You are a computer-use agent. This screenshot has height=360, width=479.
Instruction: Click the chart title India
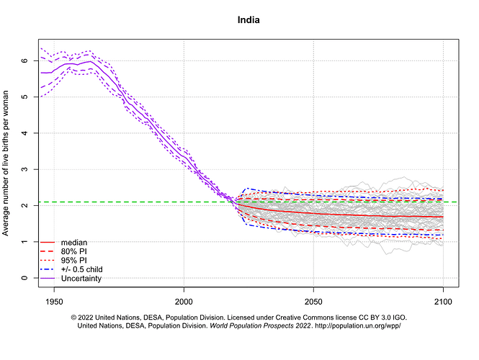249,19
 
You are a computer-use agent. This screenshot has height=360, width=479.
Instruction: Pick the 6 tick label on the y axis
24,60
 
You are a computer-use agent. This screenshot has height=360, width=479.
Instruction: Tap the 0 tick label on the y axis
24,278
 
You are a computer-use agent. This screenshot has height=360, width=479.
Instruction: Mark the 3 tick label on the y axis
24,169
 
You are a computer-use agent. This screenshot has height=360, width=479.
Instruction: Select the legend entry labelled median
75,243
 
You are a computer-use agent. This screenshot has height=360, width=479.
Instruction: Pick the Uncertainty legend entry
81,278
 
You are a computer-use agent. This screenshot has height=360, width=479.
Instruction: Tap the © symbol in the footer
73,317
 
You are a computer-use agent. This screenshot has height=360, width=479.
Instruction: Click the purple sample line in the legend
48,278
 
